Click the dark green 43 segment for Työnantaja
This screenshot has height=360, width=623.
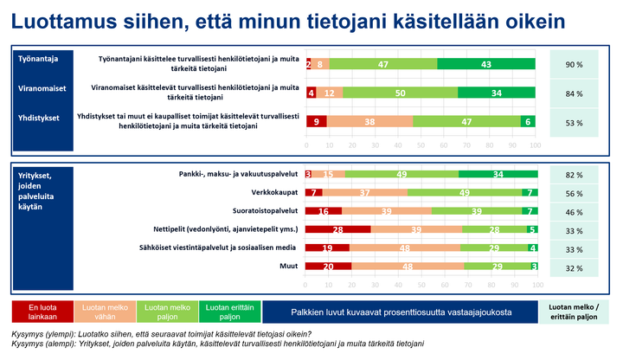click(487, 64)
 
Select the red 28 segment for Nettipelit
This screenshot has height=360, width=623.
click(338, 229)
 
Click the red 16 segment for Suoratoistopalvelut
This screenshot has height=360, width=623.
click(324, 211)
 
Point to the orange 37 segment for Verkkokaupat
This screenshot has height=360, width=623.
click(365, 192)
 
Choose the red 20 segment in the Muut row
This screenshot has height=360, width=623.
click(329, 267)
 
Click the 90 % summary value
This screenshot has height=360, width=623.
click(574, 64)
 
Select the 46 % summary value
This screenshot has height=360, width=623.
click(574, 211)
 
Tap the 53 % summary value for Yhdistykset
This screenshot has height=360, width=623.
click(574, 122)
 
